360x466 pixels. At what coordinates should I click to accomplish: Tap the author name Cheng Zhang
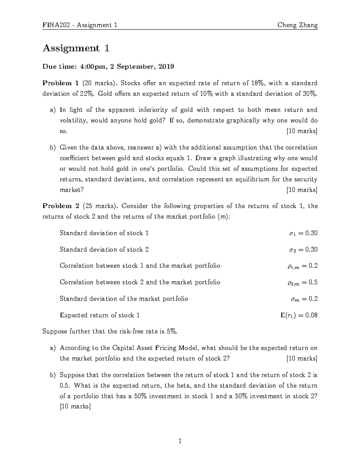pyautogui.click(x=297, y=25)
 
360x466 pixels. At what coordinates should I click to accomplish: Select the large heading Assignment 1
pyautogui.click(x=76, y=48)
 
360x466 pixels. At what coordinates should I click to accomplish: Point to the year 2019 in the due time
pyautogui.click(x=166, y=67)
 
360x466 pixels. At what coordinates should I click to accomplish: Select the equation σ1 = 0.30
pyautogui.click(x=303, y=233)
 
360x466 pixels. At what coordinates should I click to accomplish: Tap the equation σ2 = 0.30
pyautogui.click(x=303, y=250)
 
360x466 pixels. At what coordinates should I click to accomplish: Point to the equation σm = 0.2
pyautogui.click(x=304, y=299)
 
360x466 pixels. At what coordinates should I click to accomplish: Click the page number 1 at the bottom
pyautogui.click(x=180, y=441)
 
